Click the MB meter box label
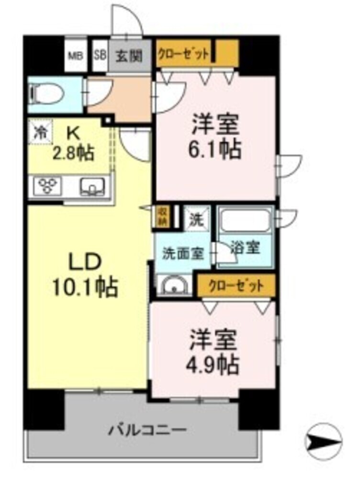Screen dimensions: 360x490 pos(76,56)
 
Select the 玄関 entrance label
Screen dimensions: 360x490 pos(129,56)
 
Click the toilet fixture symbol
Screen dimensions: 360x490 pos(46,93)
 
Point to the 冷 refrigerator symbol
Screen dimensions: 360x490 pos(40,133)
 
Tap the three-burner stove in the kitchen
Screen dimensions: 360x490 pos(49,186)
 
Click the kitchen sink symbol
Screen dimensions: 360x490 pos(92,186)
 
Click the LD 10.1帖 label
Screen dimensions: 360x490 pos(85,275)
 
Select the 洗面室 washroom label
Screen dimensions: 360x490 pos(183,254)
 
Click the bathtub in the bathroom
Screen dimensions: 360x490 pos(245,221)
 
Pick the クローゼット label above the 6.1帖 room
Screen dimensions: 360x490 pos(183,54)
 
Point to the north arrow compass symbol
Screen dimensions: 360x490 pos(323,442)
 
